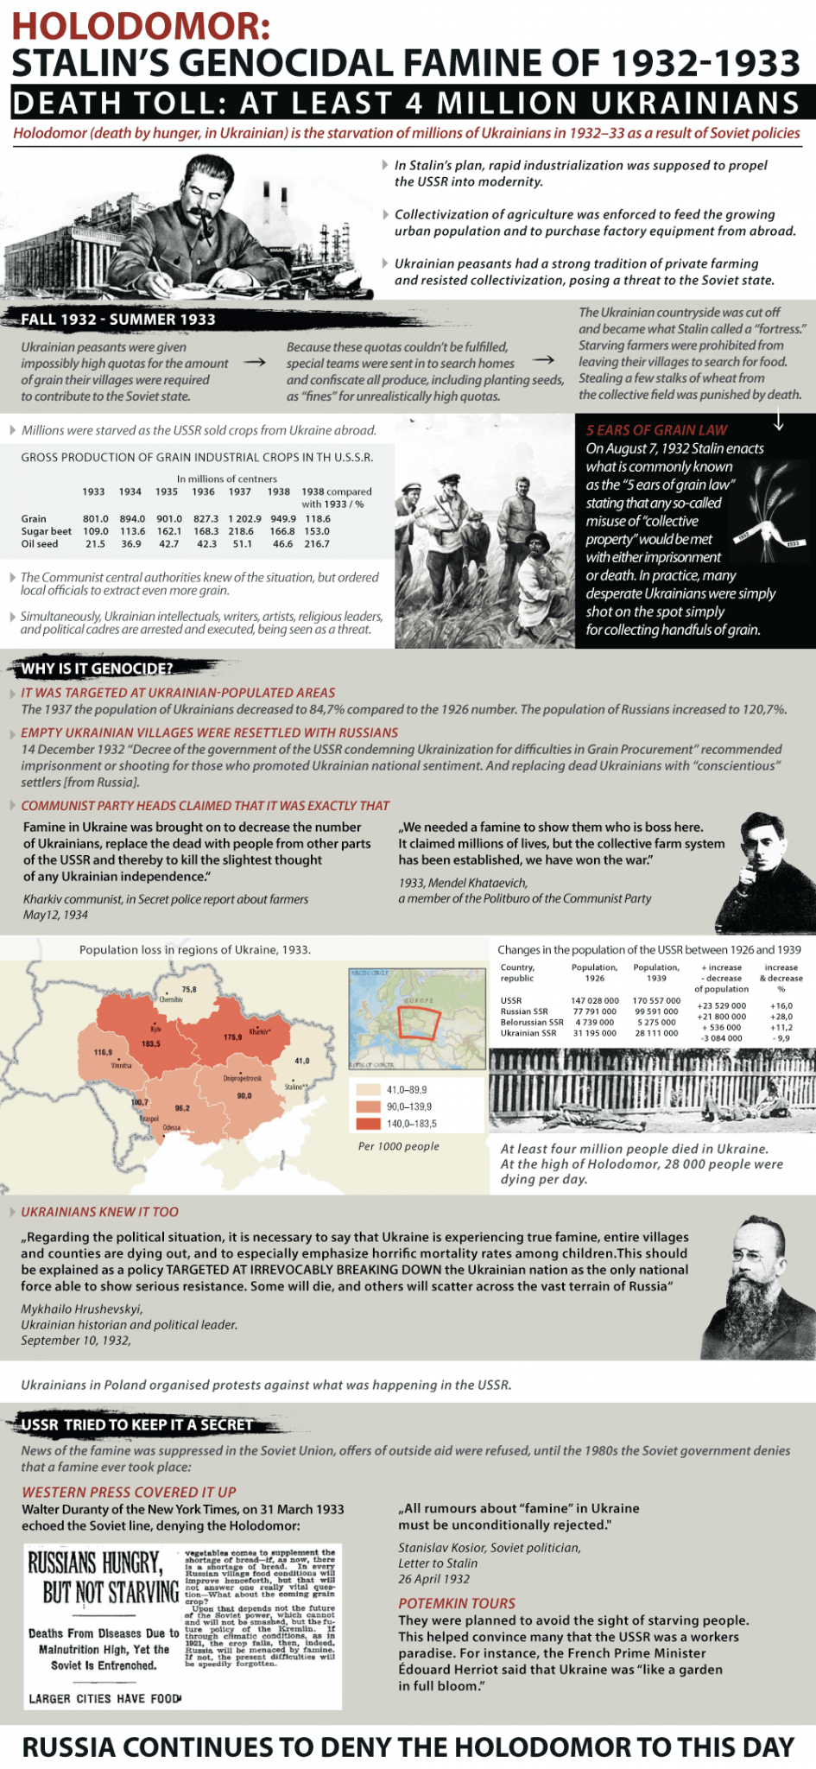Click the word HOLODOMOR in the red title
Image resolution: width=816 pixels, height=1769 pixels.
[141, 26]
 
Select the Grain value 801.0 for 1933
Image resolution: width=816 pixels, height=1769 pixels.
[95, 519]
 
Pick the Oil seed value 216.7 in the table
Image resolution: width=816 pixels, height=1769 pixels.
[317, 544]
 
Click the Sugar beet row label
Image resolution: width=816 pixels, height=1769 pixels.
[46, 531]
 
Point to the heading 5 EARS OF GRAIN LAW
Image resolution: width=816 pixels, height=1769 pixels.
[656, 430]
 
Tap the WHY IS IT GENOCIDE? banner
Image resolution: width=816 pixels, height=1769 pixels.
[97, 669]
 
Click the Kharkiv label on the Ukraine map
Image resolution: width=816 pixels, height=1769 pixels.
[258, 1031]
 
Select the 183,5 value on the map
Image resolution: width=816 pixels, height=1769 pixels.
[150, 1043]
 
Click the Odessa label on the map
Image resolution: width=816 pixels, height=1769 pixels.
[171, 1128]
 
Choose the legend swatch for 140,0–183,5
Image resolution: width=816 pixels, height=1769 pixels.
[368, 1124]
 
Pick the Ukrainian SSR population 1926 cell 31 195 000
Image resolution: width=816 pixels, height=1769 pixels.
[593, 1033]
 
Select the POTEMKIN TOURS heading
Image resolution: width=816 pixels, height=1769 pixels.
[457, 1603]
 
